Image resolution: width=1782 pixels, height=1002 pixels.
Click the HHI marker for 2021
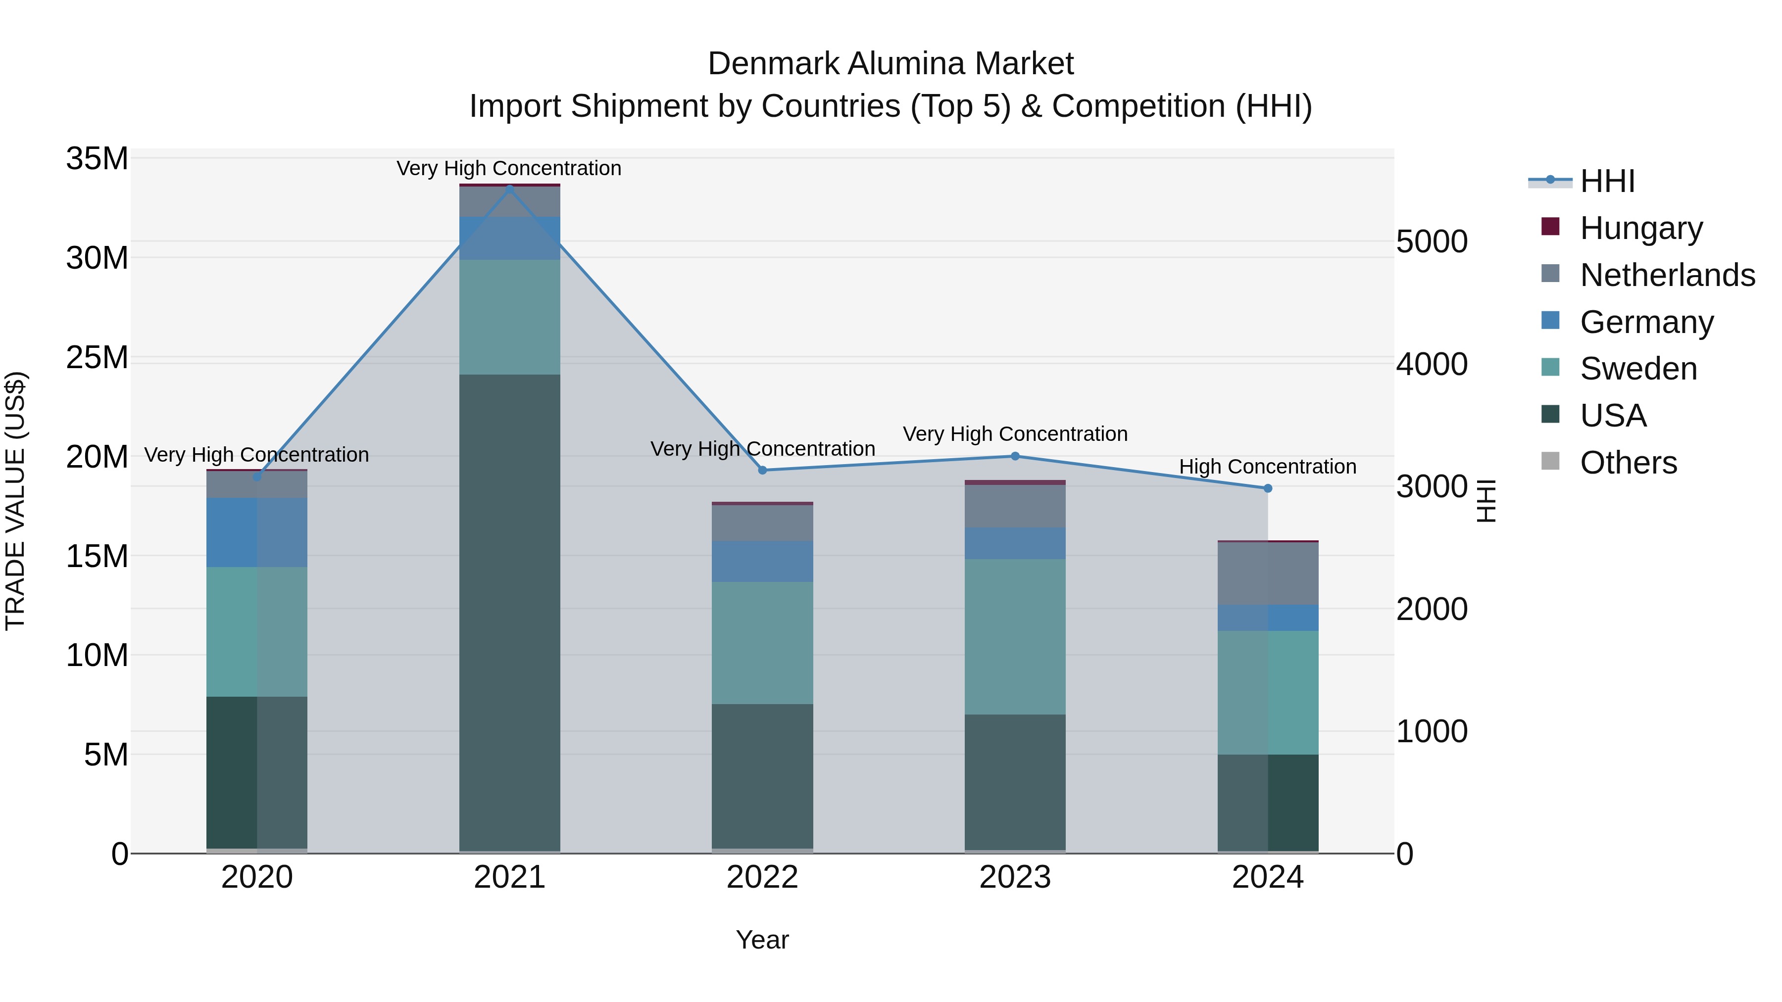pyautogui.click(x=510, y=188)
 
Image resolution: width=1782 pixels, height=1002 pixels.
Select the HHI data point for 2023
pyautogui.click(x=1015, y=456)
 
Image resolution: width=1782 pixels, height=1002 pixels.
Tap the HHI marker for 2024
pyautogui.click(x=1267, y=488)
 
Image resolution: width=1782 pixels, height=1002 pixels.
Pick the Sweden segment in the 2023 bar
pyautogui.click(x=1015, y=636)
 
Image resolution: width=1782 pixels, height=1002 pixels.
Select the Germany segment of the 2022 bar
pyautogui.click(x=762, y=562)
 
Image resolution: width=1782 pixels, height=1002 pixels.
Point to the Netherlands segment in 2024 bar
pyautogui.click(x=1267, y=573)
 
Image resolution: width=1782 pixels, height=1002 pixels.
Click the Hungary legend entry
pyautogui.click(x=1641, y=228)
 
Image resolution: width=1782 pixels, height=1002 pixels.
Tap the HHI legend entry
pyautogui.click(x=1607, y=181)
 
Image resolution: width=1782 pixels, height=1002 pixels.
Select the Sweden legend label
pyautogui.click(x=1638, y=369)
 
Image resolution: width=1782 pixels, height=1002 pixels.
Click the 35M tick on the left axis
pyautogui.click(x=97, y=159)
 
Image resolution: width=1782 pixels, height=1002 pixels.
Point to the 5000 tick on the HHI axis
pyautogui.click(x=1431, y=242)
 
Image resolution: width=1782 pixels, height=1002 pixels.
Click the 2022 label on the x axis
pyautogui.click(x=762, y=877)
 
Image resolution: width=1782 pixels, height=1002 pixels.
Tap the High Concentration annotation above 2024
pyautogui.click(x=1267, y=467)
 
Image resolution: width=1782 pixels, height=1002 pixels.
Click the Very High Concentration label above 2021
pyautogui.click(x=509, y=168)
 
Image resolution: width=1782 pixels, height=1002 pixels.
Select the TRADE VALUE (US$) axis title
pyautogui.click(x=15, y=501)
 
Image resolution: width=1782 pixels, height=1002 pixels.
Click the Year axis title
pyautogui.click(x=762, y=940)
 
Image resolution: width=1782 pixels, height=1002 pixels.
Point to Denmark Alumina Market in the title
pyautogui.click(x=891, y=64)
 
